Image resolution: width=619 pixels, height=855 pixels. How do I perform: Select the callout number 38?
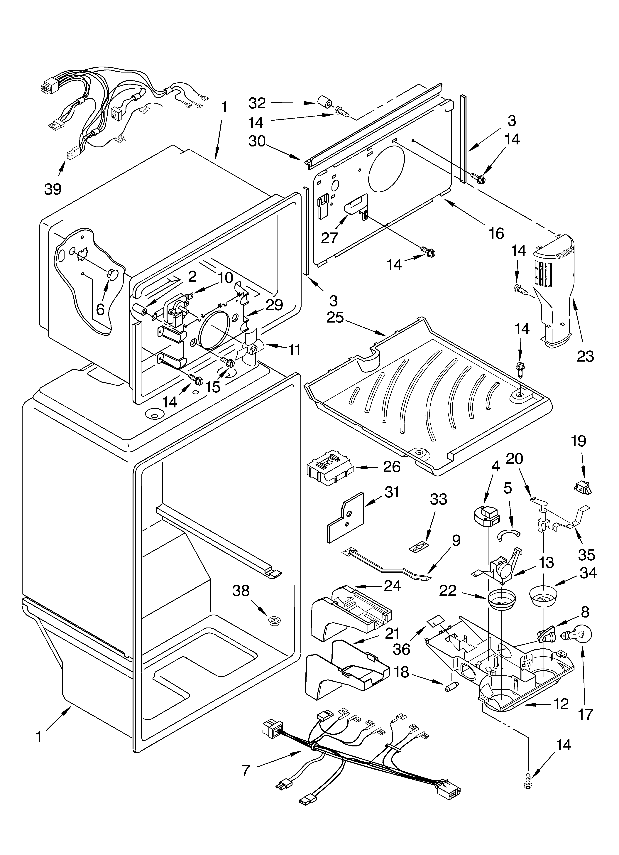coord(241,591)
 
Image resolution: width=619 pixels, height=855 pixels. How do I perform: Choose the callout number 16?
coord(496,233)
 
